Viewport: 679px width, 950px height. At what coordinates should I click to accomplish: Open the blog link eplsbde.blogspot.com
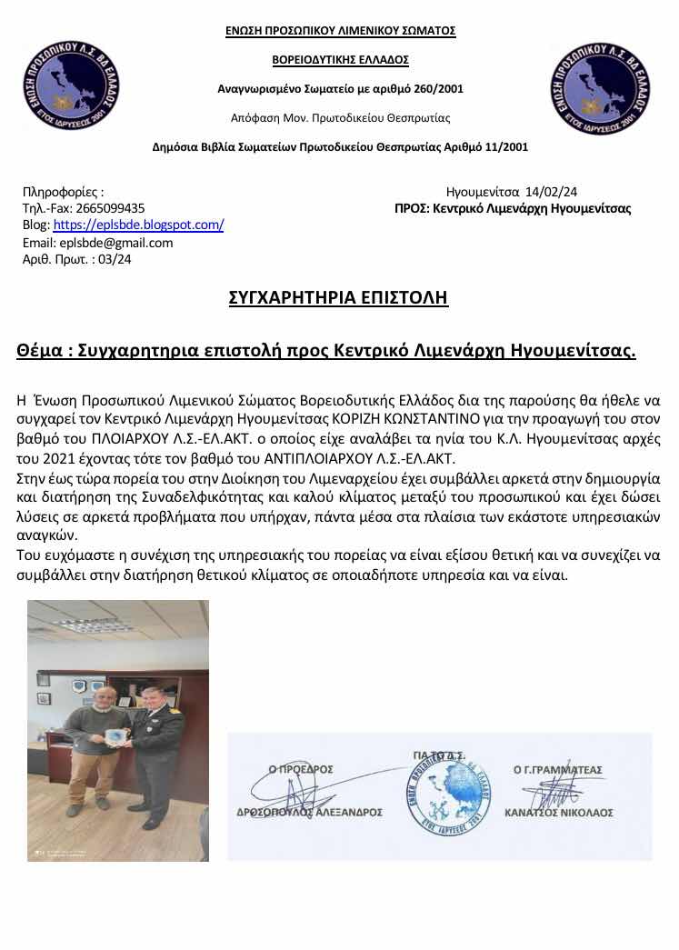click(x=138, y=225)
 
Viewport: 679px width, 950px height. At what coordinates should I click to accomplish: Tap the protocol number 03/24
click(x=114, y=259)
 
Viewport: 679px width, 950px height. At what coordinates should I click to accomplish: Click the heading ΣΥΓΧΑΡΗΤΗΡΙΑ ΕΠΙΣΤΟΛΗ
click(x=338, y=298)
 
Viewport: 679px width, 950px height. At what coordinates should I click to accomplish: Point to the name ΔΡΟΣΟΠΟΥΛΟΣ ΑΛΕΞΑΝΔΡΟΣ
click(x=312, y=813)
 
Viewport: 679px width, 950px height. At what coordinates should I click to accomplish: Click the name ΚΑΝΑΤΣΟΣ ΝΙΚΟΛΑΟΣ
click(x=559, y=813)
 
